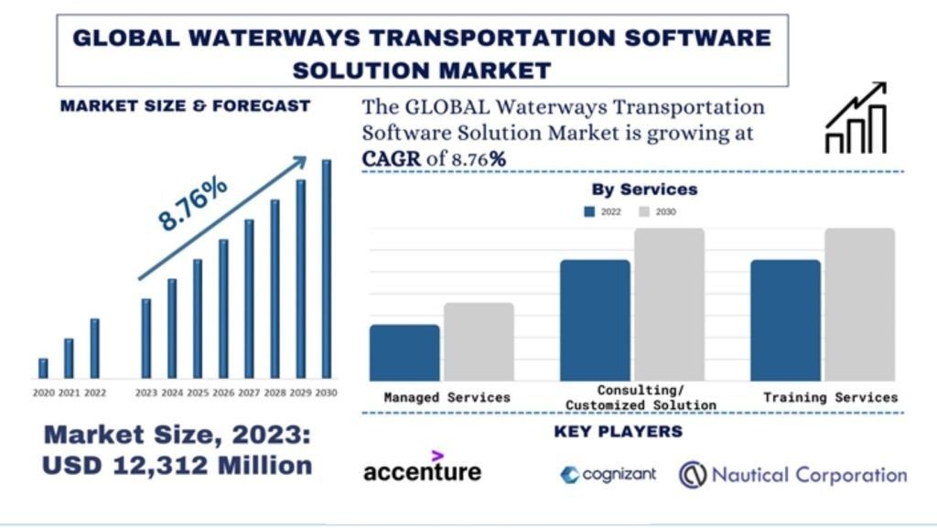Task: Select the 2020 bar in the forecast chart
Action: tap(43, 368)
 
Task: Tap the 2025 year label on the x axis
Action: tap(198, 393)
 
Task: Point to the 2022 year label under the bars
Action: tap(94, 393)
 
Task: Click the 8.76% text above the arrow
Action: tap(191, 204)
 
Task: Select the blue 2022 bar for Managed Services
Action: tap(404, 352)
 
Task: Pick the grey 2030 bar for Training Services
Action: tap(859, 305)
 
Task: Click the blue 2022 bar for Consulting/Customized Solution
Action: tap(595, 320)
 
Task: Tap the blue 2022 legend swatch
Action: tap(589, 211)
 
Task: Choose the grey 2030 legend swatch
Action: tap(643, 211)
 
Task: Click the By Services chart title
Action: tap(644, 189)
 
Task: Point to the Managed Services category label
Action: tap(447, 397)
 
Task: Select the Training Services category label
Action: tap(830, 397)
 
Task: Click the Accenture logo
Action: tap(422, 468)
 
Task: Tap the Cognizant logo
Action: tap(608, 474)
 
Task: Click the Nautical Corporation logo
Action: tap(792, 474)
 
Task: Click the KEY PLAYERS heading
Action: tap(618, 431)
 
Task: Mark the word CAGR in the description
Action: tap(392, 158)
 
